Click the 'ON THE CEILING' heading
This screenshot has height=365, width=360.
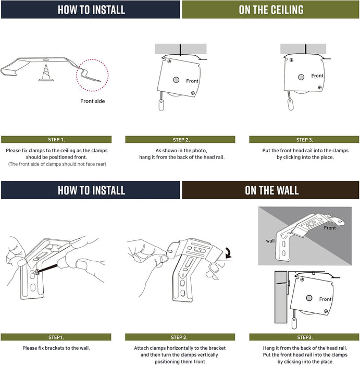(271, 10)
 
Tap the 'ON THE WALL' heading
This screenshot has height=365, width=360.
(271, 190)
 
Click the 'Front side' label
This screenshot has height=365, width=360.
(93, 101)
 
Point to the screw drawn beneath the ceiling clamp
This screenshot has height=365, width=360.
(46, 73)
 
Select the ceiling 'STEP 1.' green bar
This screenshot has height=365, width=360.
(56, 139)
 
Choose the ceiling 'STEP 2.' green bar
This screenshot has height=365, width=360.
(180, 139)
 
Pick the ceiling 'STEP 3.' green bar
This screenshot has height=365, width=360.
(304, 139)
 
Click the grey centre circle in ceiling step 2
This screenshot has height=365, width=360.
(176, 80)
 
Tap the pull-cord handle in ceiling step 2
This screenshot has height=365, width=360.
(162, 105)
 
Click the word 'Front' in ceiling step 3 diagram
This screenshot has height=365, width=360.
(317, 76)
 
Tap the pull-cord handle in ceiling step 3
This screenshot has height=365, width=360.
(291, 104)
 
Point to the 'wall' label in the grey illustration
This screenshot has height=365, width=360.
(270, 241)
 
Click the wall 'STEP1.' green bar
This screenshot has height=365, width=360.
(56, 337)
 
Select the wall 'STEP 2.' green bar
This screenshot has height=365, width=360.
(180, 337)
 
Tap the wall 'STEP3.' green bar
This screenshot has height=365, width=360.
(304, 337)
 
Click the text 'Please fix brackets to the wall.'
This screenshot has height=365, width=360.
(56, 348)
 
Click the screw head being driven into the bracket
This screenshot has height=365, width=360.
(37, 272)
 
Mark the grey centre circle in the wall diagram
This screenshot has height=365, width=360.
(309, 298)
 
